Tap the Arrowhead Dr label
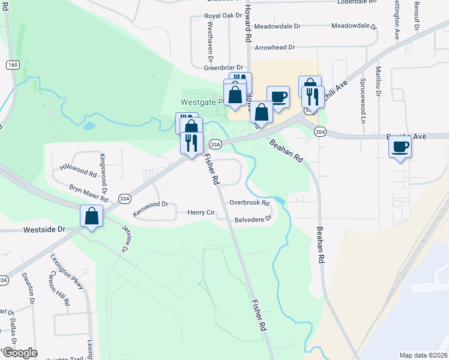275,47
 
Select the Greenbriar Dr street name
223,68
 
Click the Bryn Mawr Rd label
88,193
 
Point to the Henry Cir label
201,212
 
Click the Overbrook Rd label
249,203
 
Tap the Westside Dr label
44,230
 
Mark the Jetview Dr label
126,238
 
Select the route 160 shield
12,65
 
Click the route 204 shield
320,131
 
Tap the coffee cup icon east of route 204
400,146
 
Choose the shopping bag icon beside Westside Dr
91,216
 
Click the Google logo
19,353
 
